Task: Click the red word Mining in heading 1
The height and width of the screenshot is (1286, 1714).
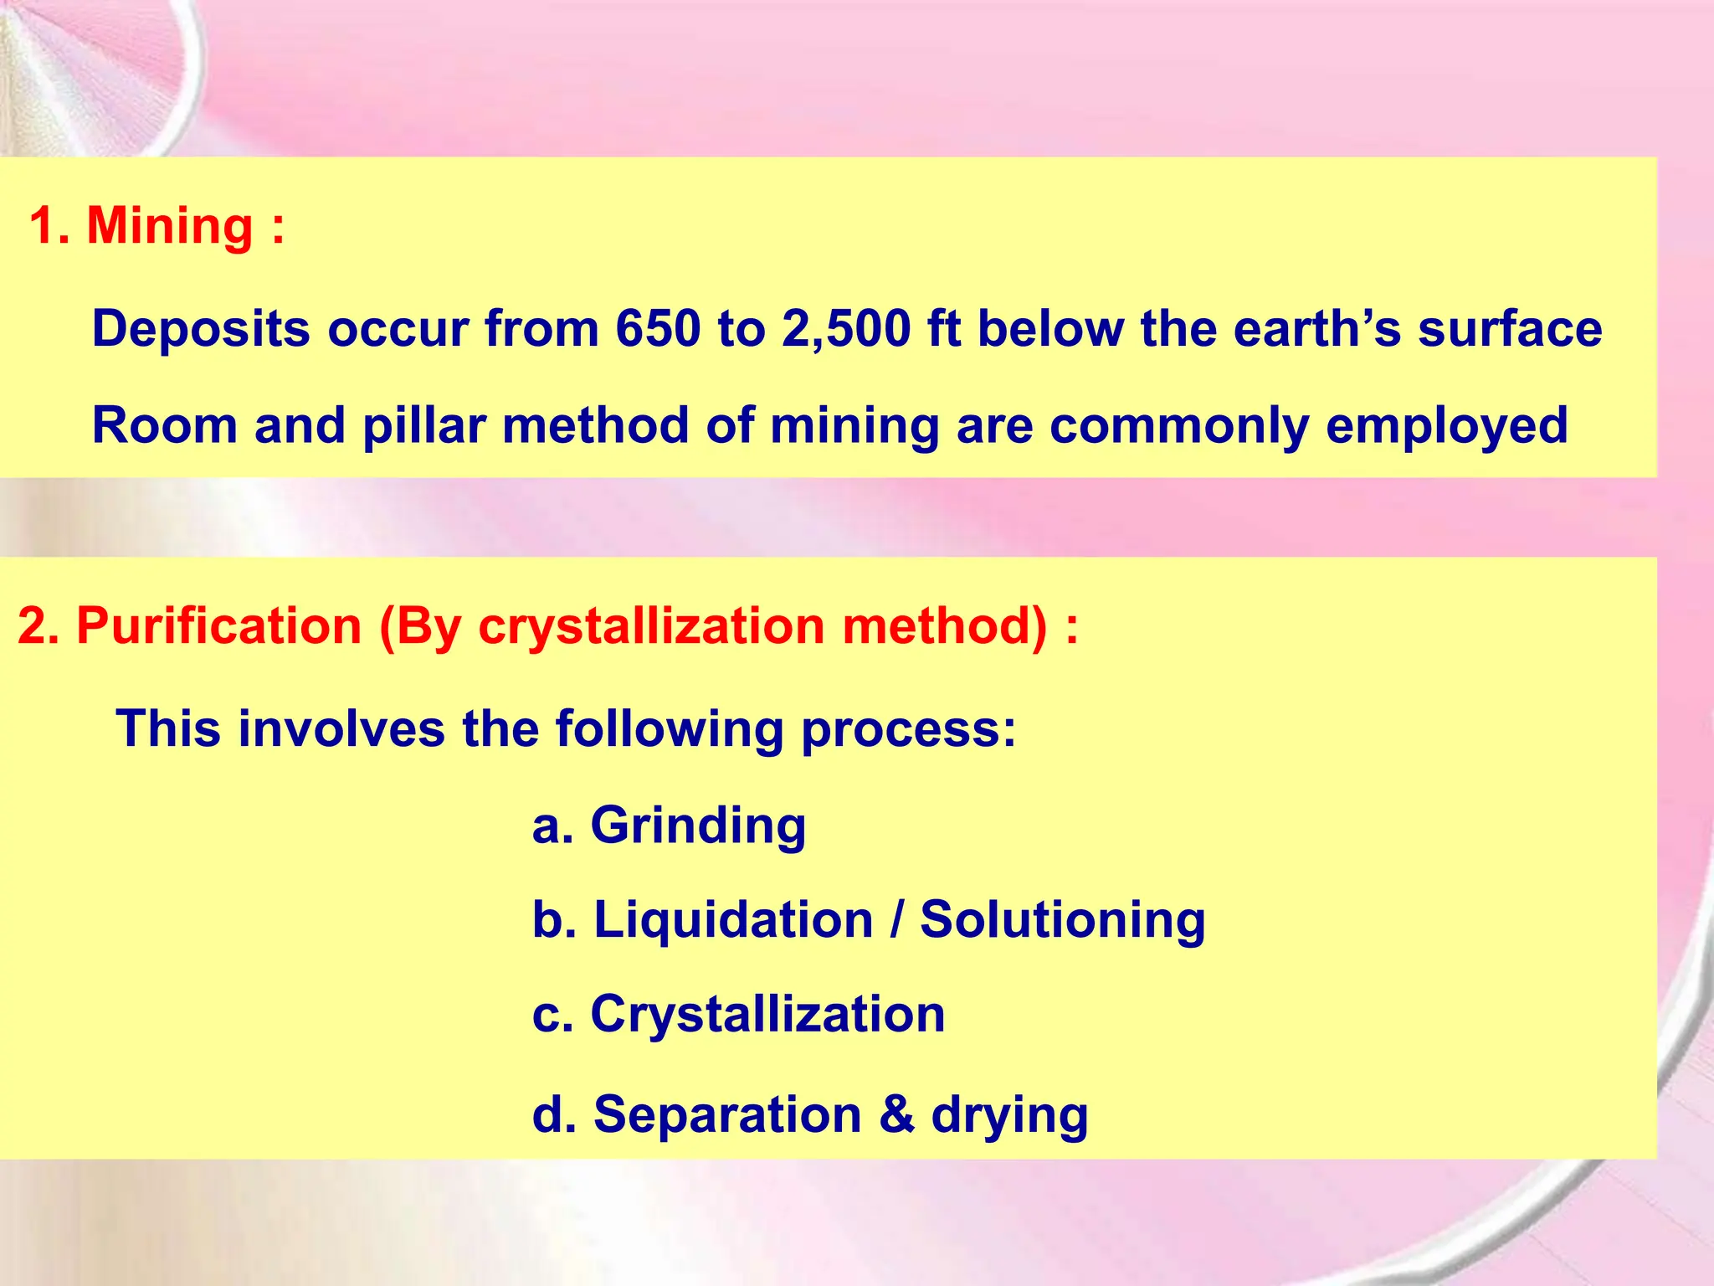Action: (170, 226)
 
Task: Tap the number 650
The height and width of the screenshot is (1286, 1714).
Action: (658, 328)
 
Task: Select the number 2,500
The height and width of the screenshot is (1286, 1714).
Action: (846, 328)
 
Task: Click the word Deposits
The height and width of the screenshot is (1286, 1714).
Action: (201, 330)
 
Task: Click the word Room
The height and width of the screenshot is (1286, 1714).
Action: (165, 424)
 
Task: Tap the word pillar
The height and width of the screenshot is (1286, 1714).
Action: (424, 424)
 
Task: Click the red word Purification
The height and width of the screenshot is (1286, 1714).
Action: (219, 625)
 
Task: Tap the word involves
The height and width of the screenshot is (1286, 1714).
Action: (341, 728)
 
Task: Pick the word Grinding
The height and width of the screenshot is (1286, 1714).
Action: (699, 827)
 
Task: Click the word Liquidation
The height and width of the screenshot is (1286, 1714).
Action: (734, 920)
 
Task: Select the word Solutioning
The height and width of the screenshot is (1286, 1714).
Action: (1063, 922)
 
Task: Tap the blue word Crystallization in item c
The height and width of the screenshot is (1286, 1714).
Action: (768, 1015)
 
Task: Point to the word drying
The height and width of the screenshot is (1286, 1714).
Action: (1010, 1117)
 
